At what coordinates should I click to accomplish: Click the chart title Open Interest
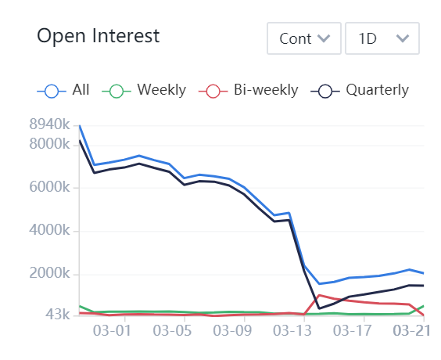(x=99, y=36)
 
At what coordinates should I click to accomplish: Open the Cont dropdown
(x=303, y=38)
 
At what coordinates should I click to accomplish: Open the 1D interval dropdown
(x=382, y=38)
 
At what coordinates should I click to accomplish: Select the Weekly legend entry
(x=148, y=90)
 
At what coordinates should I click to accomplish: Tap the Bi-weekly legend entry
(x=252, y=90)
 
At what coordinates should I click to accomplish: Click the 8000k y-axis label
(x=49, y=144)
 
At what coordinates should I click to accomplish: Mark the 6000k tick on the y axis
(x=49, y=188)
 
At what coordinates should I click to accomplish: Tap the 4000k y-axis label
(x=49, y=231)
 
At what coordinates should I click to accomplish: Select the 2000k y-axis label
(x=49, y=274)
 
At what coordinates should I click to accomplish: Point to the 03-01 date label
(x=111, y=331)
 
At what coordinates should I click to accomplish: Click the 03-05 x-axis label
(x=174, y=331)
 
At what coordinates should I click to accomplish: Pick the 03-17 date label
(x=351, y=331)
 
